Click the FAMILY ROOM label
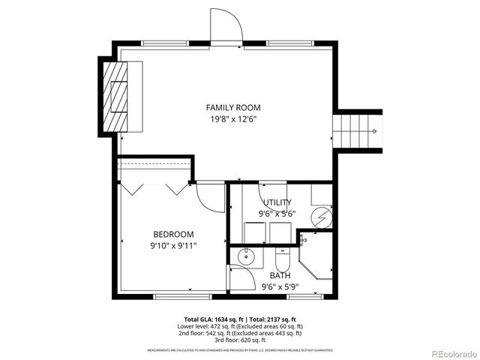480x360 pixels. click(x=233, y=107)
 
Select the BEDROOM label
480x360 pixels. click(x=173, y=234)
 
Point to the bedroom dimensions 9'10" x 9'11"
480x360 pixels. click(x=173, y=245)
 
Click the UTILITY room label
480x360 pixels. click(x=277, y=202)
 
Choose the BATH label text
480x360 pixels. click(x=280, y=275)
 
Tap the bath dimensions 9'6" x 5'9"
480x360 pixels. click(x=279, y=286)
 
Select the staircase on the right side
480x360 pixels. click(x=358, y=131)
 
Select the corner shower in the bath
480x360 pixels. click(x=315, y=259)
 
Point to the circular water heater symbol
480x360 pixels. click(x=321, y=217)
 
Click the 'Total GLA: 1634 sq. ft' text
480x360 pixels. click(x=213, y=319)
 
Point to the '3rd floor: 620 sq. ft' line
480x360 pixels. click(x=239, y=340)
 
